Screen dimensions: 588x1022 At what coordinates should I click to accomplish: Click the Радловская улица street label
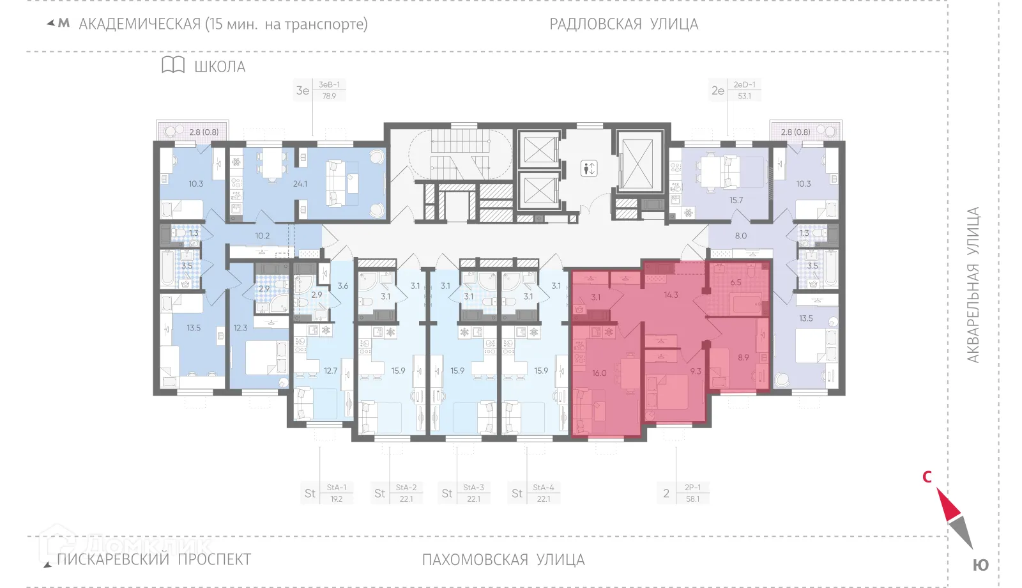[623, 24]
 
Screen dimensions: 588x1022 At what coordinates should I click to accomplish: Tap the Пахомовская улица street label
[503, 560]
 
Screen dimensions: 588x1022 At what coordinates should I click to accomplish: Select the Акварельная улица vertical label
[972, 285]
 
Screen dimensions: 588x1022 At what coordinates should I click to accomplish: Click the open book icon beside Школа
[173, 65]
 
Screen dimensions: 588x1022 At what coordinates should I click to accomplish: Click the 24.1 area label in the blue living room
[300, 184]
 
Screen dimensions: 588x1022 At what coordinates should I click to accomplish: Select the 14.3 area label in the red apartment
[671, 295]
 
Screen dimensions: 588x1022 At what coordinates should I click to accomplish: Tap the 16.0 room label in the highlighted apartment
[599, 373]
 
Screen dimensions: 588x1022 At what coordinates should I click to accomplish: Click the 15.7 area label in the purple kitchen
[736, 200]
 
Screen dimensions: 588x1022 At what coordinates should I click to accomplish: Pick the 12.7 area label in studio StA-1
[330, 371]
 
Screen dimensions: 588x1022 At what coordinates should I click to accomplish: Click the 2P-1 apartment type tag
[692, 487]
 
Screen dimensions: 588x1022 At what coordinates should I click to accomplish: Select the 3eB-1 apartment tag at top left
[330, 84]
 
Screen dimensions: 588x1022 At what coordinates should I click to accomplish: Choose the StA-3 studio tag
[473, 487]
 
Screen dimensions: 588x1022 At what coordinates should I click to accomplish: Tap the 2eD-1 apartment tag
[744, 84]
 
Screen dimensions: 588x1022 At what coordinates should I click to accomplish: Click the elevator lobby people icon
[589, 169]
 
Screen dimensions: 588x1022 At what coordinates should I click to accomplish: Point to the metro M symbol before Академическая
[63, 24]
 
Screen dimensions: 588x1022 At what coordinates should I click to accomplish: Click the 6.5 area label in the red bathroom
[736, 282]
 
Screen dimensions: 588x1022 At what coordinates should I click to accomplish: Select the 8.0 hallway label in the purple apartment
[740, 236]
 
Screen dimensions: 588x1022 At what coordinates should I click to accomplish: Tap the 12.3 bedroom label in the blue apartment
[240, 328]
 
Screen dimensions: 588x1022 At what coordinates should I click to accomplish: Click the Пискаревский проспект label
[154, 560]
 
